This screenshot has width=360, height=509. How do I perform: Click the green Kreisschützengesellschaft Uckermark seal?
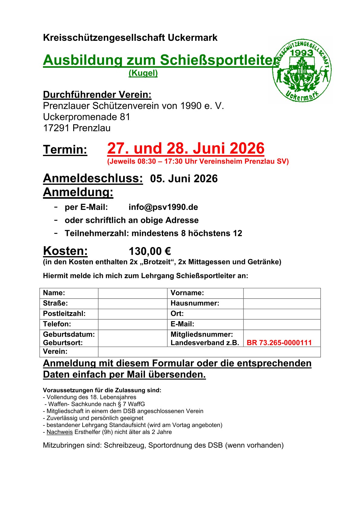pyautogui.click(x=302, y=71)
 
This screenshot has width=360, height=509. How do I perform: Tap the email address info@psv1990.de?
pyautogui.click(x=163, y=207)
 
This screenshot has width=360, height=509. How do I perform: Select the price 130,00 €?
pyautogui.click(x=150, y=251)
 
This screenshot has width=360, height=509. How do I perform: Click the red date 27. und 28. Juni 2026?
pyautogui.click(x=186, y=148)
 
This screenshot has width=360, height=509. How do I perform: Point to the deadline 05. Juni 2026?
pyautogui.click(x=184, y=179)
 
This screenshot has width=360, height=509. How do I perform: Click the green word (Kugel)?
pyautogui.click(x=143, y=73)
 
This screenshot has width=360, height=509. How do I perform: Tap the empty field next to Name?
pyautogui.click(x=133, y=293)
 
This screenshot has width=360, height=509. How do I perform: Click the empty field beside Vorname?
pyautogui.click(x=282, y=293)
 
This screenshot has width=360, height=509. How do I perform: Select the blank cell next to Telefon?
pyautogui.click(x=133, y=324)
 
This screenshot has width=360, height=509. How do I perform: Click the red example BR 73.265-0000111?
pyautogui.click(x=279, y=343)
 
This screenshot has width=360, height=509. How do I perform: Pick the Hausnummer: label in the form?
pyautogui.click(x=195, y=303)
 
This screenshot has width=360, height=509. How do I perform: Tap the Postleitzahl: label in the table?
pyautogui.click(x=64, y=314)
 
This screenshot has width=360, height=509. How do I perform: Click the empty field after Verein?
pyautogui.click(x=209, y=352)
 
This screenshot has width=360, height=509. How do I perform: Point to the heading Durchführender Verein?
pyautogui.click(x=97, y=95)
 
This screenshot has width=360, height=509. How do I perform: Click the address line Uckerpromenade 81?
pyautogui.click(x=87, y=117)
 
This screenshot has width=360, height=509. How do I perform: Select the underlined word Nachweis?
pyautogui.click(x=60, y=432)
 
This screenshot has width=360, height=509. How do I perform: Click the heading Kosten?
pyautogui.click(x=65, y=251)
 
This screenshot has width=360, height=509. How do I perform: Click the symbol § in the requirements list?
pyautogui.click(x=120, y=404)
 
